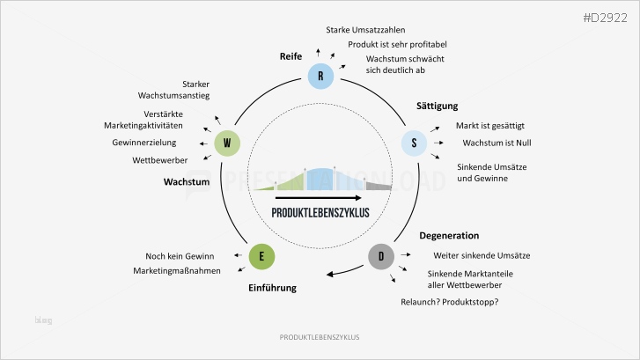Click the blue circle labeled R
pos(320,76)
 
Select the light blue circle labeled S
pos(414,143)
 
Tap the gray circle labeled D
pos(381,256)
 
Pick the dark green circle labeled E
pos(261,256)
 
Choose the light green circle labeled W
pos(227,143)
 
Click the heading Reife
pos(291,56)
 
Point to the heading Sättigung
pos(438,107)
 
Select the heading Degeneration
pos(449,236)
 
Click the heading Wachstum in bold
pos(186,182)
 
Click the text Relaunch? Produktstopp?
pos(449,303)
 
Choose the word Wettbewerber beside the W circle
pos(159,159)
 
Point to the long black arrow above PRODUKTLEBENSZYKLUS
pos(320,198)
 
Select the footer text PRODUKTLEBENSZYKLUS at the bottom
pos(320,337)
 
